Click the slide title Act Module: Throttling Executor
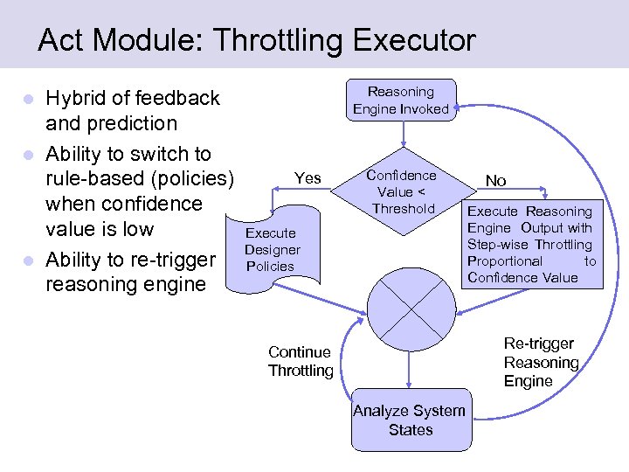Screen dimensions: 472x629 point(257,40)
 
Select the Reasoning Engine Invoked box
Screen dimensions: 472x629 point(400,101)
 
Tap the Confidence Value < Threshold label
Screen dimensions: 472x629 point(402,191)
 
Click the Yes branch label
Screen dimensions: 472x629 point(308,178)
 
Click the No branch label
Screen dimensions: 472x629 point(495,181)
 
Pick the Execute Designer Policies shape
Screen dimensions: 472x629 point(273,249)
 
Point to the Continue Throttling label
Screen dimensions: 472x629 point(300,361)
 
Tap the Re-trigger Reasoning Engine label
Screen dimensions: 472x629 point(541,362)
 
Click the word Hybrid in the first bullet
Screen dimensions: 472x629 point(77,98)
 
